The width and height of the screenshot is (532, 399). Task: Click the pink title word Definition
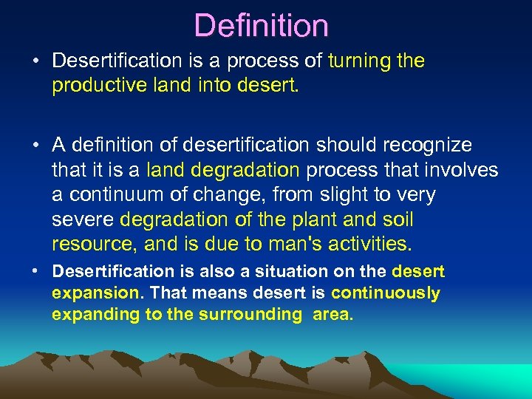[261, 26]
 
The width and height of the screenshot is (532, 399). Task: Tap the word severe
[83, 220]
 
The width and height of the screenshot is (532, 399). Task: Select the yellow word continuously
[386, 293]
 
